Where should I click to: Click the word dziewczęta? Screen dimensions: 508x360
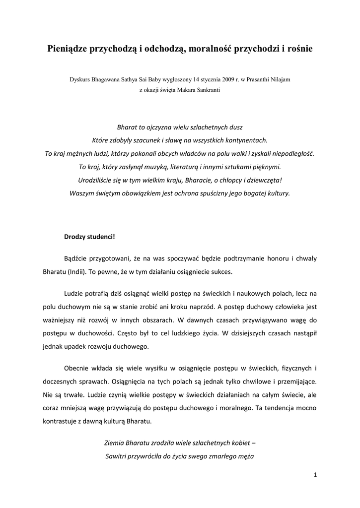pos(264,180)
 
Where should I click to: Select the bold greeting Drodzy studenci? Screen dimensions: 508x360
pos(89,236)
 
